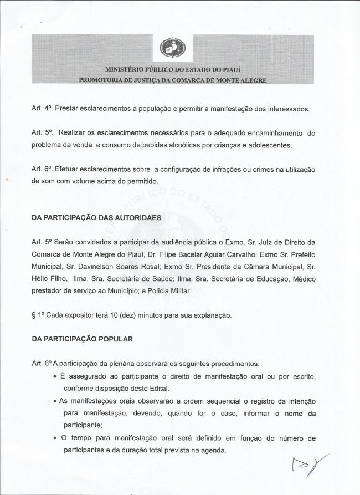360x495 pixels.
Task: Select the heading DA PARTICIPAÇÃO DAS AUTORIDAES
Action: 97,218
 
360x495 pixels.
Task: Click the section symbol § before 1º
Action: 34,315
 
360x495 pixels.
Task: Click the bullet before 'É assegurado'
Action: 55,376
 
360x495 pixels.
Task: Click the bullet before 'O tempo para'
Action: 55,437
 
